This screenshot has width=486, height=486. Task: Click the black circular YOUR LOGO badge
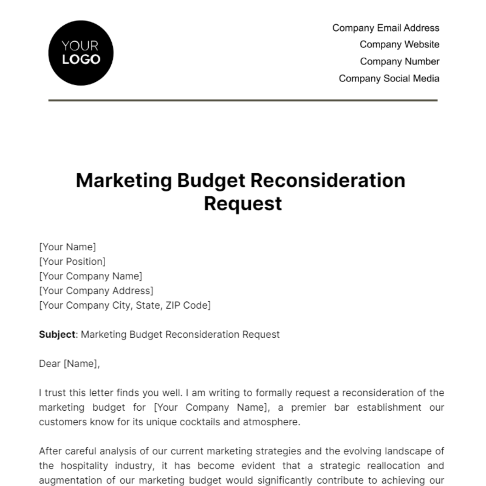pos(81,53)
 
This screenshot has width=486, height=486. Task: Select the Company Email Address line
pos(386,28)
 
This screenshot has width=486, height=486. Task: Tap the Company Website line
pos(399,45)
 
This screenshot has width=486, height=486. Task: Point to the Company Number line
pos(399,62)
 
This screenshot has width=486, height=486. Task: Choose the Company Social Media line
pos(389,79)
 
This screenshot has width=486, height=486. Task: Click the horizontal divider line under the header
pos(243,100)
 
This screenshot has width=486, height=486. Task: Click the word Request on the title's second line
pos(243,203)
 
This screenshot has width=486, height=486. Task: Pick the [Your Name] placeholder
pos(68,247)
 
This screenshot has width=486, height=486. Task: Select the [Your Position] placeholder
pos(72,262)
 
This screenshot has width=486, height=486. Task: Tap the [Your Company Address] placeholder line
pos(96,291)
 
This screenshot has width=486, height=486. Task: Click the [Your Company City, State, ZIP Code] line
pos(125,305)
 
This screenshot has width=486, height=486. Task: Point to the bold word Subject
pos(57,335)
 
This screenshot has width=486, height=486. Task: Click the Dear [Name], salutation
pos(69,364)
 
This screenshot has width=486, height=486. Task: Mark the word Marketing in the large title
pos(124,181)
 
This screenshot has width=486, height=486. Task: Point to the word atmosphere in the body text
pos(271,422)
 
